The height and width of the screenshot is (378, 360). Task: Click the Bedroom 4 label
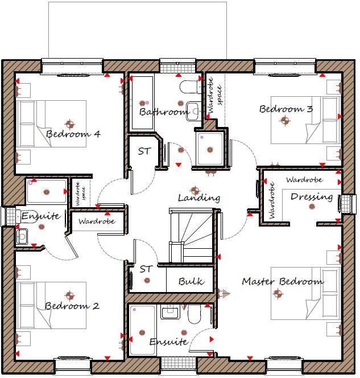(x=73, y=134)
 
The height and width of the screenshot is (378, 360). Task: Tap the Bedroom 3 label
(x=286, y=109)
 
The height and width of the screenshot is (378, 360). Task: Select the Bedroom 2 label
(x=72, y=306)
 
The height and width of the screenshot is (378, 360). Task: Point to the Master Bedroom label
(x=283, y=281)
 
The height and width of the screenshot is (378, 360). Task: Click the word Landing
(x=198, y=198)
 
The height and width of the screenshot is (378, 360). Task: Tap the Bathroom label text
(x=164, y=112)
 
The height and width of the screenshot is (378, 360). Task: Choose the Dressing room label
(x=312, y=197)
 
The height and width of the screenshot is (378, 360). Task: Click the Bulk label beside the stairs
(x=191, y=281)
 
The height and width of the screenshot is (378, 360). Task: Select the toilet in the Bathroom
(x=188, y=87)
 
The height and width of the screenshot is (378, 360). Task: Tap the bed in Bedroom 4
(x=51, y=124)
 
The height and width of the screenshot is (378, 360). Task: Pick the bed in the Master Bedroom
(x=305, y=293)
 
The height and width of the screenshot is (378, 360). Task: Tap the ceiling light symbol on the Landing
(x=195, y=189)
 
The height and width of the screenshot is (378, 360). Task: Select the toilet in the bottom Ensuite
(x=195, y=314)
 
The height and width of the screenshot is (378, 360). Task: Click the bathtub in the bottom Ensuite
(x=142, y=330)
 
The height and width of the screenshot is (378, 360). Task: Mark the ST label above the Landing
(x=144, y=151)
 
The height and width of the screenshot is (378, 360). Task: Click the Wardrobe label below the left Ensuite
(x=96, y=221)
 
